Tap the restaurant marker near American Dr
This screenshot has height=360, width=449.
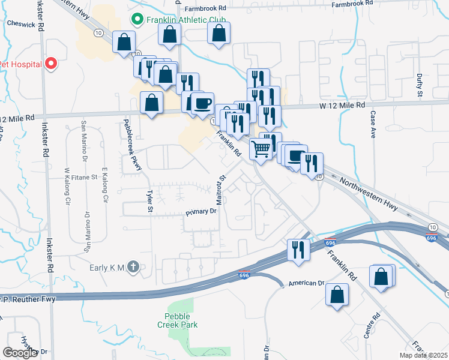click(x=298, y=248)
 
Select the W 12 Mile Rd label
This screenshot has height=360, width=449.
click(x=342, y=105)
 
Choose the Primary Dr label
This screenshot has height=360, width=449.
click(x=200, y=211)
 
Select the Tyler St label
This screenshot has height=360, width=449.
click(x=150, y=202)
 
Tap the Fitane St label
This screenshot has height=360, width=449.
click(x=81, y=178)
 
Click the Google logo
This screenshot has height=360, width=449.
click(x=20, y=353)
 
